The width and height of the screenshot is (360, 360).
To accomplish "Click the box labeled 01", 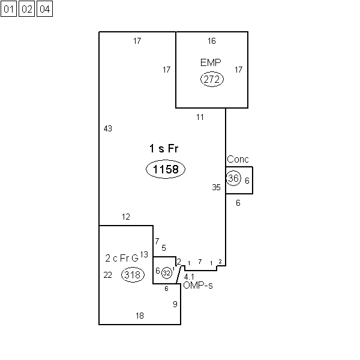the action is click(x=9, y=9).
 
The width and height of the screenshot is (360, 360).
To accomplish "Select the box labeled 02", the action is click(x=26, y=9).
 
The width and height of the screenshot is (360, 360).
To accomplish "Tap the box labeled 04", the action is click(x=45, y=9).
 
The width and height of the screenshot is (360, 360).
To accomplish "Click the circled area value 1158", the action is click(x=166, y=169).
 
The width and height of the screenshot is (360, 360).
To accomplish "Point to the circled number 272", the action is click(x=212, y=79).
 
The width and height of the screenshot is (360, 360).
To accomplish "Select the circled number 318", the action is click(x=133, y=275).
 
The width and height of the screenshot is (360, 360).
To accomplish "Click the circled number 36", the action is click(x=233, y=178).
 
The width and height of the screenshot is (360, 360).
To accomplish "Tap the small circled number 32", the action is click(x=167, y=273).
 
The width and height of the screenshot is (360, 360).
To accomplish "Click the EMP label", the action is click(x=211, y=62).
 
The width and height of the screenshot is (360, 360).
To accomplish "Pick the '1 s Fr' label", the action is click(x=164, y=148).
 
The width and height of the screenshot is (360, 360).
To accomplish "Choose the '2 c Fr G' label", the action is click(x=122, y=258).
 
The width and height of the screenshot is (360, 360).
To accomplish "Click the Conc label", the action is click(x=238, y=160).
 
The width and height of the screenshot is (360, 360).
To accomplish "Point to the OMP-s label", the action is click(x=198, y=286).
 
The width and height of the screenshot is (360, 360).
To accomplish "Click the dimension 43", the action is click(x=108, y=128).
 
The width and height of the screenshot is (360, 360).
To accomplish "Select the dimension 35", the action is click(x=216, y=187).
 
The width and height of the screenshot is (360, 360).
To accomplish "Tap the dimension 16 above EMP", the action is click(x=212, y=41).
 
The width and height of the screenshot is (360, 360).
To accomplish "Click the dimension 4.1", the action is click(x=189, y=277).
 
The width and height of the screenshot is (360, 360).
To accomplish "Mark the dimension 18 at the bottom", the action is click(x=140, y=316).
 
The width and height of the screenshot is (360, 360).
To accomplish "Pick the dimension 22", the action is click(x=107, y=275).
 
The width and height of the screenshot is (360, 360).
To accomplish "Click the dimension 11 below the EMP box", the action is click(x=200, y=118).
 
